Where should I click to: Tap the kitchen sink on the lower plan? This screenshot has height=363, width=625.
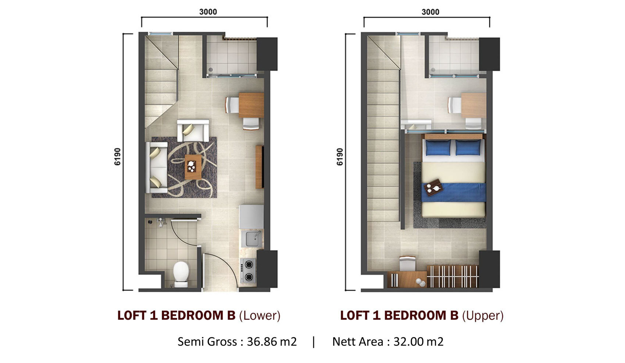point(252,239)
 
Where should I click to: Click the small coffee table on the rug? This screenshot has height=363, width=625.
point(193,167)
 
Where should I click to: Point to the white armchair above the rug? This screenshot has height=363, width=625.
point(193,130)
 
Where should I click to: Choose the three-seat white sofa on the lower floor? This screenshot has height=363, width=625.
point(157,167)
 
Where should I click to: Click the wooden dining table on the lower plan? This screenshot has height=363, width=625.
point(251,105)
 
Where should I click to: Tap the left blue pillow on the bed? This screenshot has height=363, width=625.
point(438,148)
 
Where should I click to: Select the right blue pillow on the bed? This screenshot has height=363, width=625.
point(468,148)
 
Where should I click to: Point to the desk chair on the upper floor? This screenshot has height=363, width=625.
point(407,264)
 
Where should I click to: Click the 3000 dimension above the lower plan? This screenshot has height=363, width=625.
point(208,12)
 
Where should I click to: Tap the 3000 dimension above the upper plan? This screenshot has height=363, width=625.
point(430,12)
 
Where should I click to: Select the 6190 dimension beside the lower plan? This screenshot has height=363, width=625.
point(118,157)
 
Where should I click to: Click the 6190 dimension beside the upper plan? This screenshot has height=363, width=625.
point(340,157)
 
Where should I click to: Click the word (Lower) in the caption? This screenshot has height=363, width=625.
point(260,316)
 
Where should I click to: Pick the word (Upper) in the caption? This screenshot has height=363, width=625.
point(483,316)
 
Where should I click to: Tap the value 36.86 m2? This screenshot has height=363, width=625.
point(272,342)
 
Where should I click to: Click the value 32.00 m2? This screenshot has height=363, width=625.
point(418,342)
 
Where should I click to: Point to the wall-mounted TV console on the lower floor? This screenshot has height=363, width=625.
point(260,167)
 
